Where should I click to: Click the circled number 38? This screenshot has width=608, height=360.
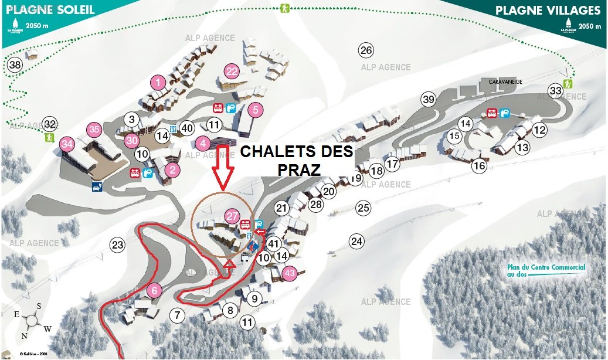[15, 64]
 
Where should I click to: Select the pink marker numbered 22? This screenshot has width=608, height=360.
[232, 72]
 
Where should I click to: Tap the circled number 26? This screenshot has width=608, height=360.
[366, 50]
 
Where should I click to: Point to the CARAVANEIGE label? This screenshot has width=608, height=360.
[505, 82]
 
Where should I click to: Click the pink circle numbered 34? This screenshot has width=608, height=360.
[67, 143]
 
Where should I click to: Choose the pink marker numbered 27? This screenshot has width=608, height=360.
[232, 216]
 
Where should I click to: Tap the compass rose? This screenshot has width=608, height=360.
[32, 321]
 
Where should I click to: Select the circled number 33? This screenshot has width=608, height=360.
[555, 90]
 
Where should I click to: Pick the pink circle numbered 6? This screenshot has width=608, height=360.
[154, 290]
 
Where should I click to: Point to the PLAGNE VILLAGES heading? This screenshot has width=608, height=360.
[548, 11]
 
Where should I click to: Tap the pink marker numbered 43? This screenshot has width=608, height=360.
[289, 273]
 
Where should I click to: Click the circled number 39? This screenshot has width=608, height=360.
[429, 100]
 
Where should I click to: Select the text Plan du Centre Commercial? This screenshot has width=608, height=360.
[546, 267]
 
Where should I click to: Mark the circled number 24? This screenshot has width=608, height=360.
[356, 240]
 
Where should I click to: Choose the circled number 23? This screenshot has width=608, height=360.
[118, 245]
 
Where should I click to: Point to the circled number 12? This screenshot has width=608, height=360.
[539, 130]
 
